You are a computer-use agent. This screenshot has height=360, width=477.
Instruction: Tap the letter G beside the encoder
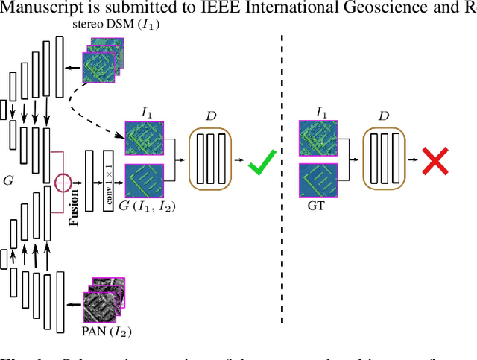pos(9,179)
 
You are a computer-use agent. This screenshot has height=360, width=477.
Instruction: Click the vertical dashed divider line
pos(282,179)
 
